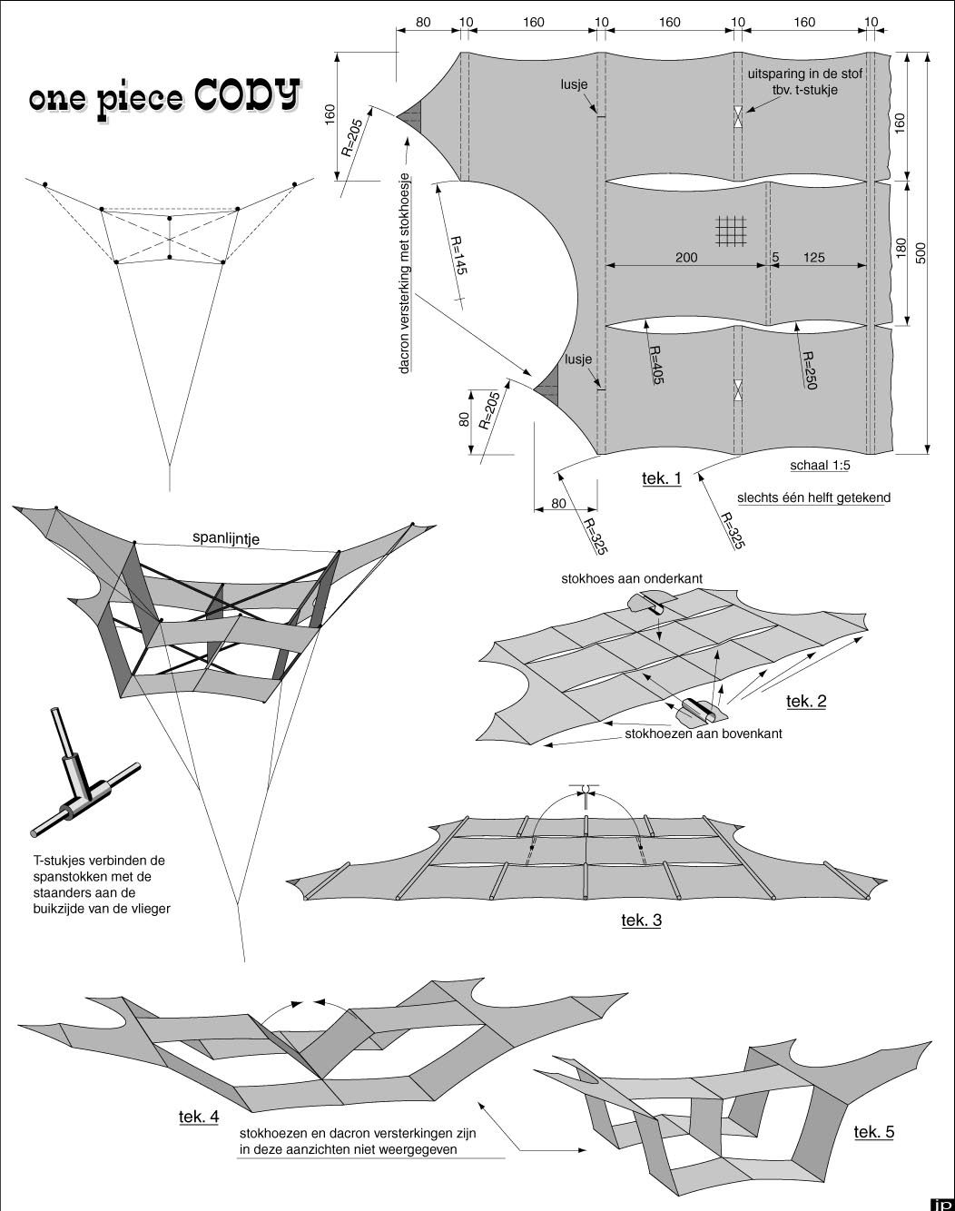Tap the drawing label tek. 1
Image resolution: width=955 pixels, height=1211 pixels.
pyautogui.click(x=661, y=478)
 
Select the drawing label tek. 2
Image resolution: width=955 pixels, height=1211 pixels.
pyautogui.click(x=806, y=701)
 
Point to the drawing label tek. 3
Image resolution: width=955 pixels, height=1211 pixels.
pyautogui.click(x=641, y=921)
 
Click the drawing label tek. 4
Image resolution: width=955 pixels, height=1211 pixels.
pyautogui.click(x=198, y=1117)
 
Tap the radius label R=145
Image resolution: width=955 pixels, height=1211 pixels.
pyautogui.click(x=459, y=257)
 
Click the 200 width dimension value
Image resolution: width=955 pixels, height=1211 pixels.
pyautogui.click(x=686, y=258)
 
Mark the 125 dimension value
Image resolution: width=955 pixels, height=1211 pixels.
pyautogui.click(x=814, y=258)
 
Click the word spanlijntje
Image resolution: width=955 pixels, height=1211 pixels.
pyautogui.click(x=226, y=538)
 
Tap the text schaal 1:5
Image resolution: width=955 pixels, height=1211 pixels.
pyautogui.click(x=820, y=465)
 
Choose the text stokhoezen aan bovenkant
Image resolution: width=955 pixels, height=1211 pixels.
pyautogui.click(x=704, y=733)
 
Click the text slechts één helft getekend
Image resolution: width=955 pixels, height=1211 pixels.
pyautogui.click(x=813, y=497)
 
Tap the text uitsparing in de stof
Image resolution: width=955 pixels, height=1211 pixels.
pyautogui.click(x=804, y=74)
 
